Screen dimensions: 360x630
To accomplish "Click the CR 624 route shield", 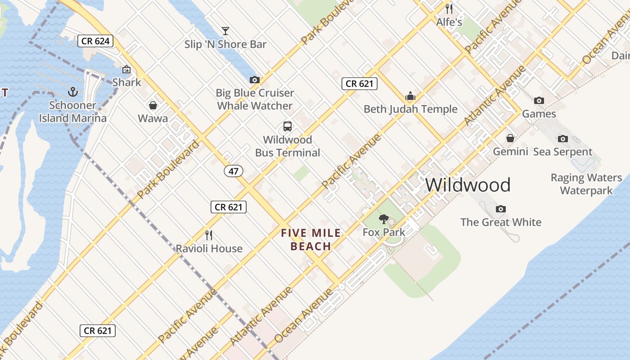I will click(95, 41).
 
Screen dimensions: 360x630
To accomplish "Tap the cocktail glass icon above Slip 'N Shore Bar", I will click(225, 31).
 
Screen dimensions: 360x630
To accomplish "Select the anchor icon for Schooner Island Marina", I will click(73, 92).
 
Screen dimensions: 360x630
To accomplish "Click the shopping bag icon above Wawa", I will click(153, 105).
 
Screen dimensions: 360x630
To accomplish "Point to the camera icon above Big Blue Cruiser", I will click(255, 80).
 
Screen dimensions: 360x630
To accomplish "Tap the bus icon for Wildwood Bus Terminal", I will click(288, 126).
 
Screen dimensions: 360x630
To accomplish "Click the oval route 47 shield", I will click(233, 171).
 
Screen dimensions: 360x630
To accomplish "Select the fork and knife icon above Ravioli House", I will click(209, 235).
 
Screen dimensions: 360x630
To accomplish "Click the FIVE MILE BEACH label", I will click(311, 239).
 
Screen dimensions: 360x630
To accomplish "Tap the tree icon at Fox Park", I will click(384, 219).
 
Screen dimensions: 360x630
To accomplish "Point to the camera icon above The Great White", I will click(501, 209).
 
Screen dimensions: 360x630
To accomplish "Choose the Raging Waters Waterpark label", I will click(586, 184).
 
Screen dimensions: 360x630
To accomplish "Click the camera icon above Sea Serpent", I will click(562, 139).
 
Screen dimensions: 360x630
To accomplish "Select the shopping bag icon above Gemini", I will click(510, 138).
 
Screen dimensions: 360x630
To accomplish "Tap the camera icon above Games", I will click(539, 100).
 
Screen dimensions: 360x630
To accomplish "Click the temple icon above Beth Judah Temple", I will click(410, 96).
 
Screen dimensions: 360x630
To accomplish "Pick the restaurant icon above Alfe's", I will click(449, 9).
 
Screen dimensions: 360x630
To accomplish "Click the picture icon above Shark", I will click(126, 69).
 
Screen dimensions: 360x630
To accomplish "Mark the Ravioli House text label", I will click(209, 248).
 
